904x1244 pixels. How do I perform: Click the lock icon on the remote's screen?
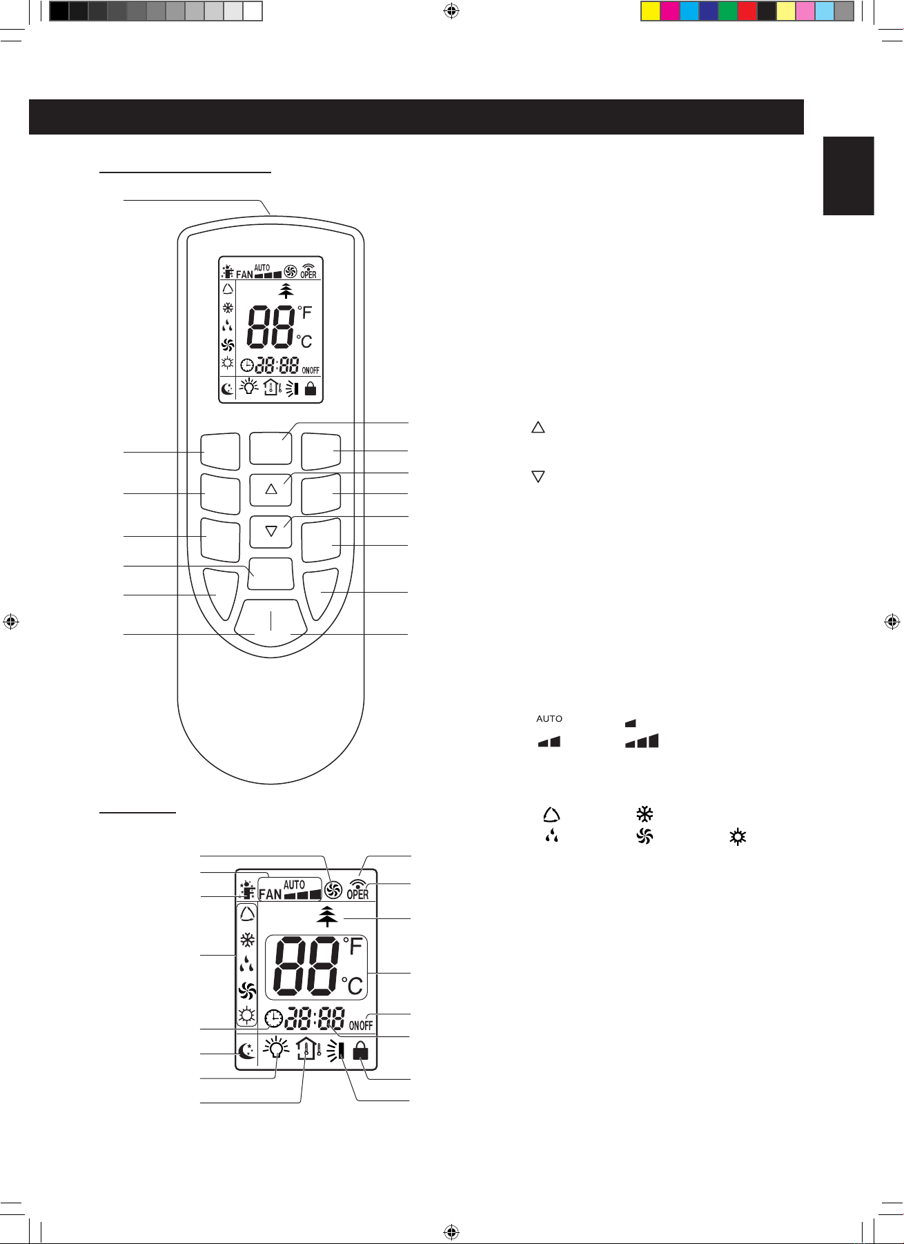(x=311, y=388)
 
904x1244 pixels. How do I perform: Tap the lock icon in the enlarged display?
(x=360, y=1051)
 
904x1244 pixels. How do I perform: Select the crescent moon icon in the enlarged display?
(x=246, y=1052)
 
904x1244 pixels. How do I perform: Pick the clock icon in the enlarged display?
(x=274, y=1018)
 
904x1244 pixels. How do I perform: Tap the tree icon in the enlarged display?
(x=328, y=916)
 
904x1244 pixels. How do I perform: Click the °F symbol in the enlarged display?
(x=353, y=946)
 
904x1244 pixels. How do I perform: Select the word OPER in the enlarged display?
(x=357, y=894)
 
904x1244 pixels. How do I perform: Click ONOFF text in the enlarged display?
(x=360, y=1025)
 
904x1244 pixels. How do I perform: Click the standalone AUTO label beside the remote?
(x=549, y=719)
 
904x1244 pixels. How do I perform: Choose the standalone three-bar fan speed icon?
(x=642, y=742)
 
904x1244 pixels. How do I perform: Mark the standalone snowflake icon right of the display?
(x=645, y=813)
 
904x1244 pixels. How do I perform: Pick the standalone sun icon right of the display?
(x=738, y=838)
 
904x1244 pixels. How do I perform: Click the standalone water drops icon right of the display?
(x=551, y=838)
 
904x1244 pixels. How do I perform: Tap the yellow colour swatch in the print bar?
(x=651, y=11)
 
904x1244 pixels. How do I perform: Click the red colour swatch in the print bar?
(x=747, y=11)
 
